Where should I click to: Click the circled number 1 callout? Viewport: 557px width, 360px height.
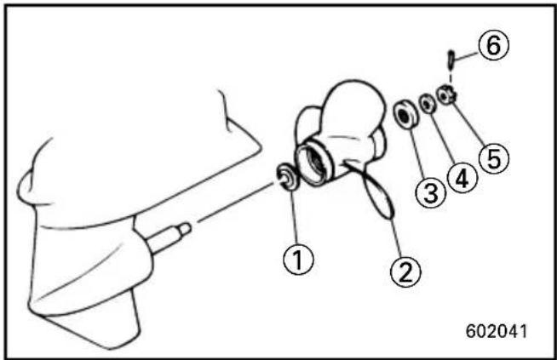tap(298, 260)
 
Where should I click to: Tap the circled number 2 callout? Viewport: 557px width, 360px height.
tap(405, 272)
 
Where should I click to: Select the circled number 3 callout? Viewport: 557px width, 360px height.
tap(431, 193)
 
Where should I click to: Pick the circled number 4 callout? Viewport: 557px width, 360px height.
tap(462, 179)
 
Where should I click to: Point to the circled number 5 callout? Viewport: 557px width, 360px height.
tap(494, 158)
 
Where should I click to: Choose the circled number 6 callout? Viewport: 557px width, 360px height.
tap(493, 45)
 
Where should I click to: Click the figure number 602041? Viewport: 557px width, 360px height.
tap(497, 331)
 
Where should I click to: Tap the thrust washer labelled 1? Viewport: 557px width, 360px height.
tap(288, 175)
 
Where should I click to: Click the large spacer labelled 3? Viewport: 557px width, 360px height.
tap(406, 115)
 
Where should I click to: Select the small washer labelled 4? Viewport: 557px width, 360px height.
tap(428, 104)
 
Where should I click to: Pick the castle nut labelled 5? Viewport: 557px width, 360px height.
tap(447, 95)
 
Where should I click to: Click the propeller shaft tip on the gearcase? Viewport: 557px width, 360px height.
tap(185, 230)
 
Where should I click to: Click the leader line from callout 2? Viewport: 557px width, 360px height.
tap(396, 237)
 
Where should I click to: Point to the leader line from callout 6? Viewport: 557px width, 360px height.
tap(466, 55)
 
